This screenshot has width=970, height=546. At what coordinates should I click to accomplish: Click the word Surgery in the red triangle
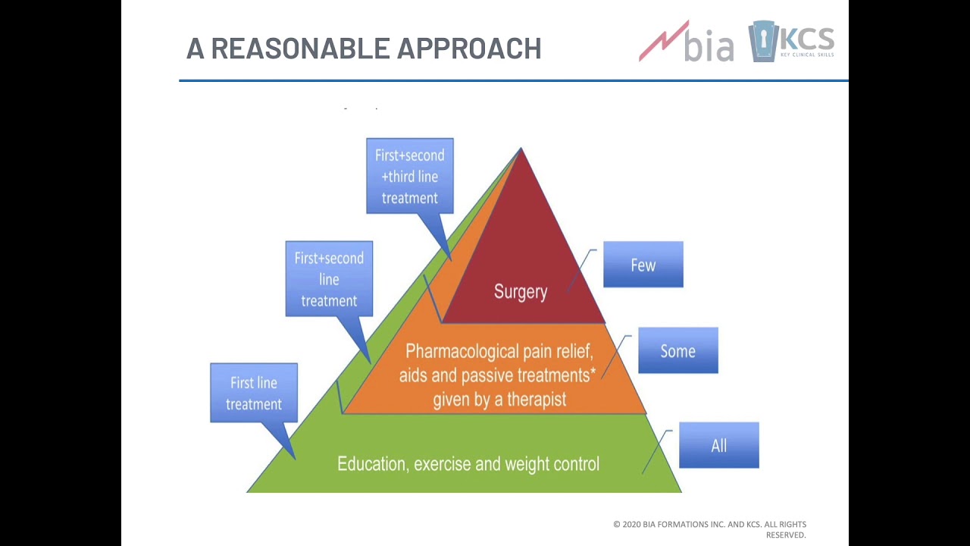(x=520, y=292)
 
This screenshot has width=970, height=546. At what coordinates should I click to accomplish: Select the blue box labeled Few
(x=643, y=265)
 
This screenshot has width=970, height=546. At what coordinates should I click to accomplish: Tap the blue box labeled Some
(x=677, y=351)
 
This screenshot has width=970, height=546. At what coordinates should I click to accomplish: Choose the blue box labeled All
(x=718, y=446)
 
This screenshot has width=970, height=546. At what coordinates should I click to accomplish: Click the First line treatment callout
(x=254, y=393)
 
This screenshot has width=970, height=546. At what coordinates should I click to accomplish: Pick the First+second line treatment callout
(x=329, y=279)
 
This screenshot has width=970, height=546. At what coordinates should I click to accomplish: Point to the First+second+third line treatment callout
(x=409, y=176)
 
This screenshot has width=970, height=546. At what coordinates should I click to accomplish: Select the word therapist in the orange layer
(x=537, y=400)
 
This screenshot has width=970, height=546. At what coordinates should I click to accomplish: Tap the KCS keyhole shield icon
(x=762, y=41)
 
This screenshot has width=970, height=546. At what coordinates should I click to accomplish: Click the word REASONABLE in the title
(x=301, y=49)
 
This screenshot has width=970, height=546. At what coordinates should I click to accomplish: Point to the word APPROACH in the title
(x=469, y=49)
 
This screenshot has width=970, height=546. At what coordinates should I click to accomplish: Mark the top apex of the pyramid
(x=521, y=149)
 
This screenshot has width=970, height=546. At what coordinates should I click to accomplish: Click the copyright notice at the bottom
(x=709, y=529)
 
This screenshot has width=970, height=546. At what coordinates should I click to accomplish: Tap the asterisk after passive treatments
(x=593, y=372)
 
